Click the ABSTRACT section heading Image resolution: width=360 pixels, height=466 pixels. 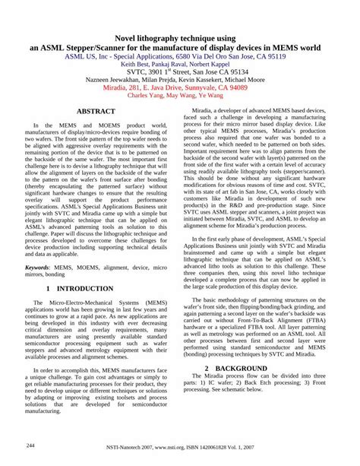(x=96, y=111)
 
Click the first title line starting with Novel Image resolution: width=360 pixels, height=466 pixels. (x=180, y=37)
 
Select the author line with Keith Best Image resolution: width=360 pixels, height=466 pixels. (x=180, y=65)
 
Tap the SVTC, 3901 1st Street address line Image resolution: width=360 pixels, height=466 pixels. (x=180, y=74)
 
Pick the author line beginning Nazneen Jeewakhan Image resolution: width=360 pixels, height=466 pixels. (x=180, y=79)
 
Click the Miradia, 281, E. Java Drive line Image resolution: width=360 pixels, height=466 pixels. (x=180, y=87)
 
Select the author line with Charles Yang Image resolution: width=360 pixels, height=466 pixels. (x=180, y=96)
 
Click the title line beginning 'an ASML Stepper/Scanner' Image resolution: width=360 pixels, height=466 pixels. (x=180, y=47)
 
